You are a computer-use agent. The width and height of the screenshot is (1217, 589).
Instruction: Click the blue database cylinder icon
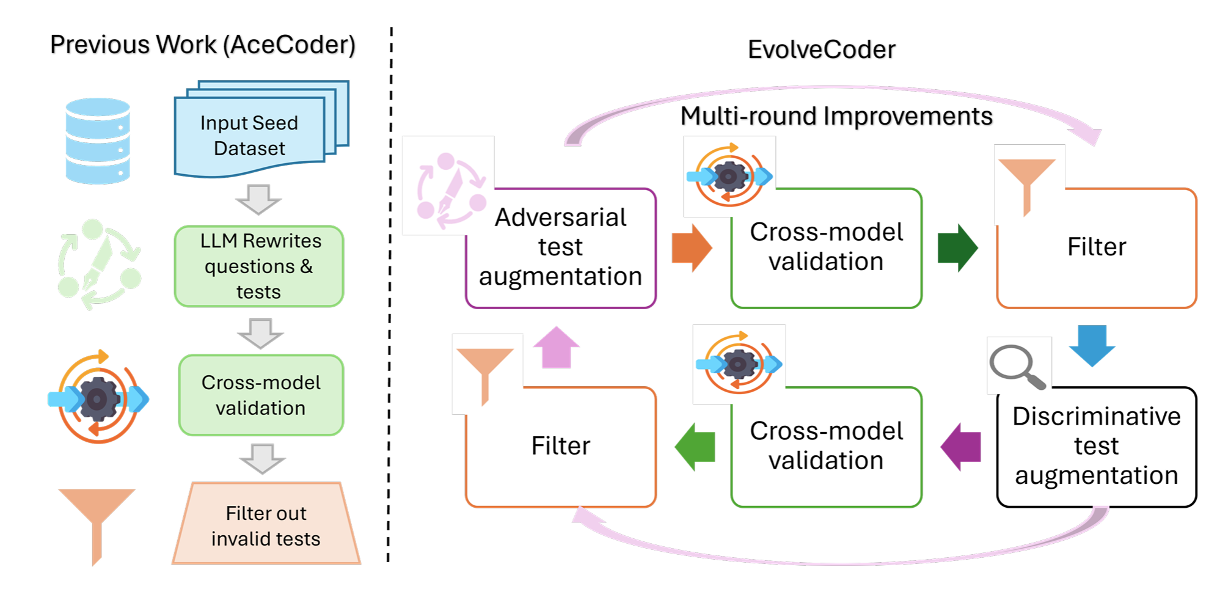pyautogui.click(x=98, y=141)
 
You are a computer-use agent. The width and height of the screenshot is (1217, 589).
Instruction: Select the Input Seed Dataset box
pyautogui.click(x=250, y=136)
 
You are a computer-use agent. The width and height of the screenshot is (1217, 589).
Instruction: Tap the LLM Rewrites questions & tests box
pyautogui.click(x=259, y=266)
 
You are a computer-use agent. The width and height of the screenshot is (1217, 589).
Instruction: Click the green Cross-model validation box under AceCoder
pyautogui.click(x=261, y=395)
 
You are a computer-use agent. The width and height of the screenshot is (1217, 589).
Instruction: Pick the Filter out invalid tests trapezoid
pyautogui.click(x=266, y=525)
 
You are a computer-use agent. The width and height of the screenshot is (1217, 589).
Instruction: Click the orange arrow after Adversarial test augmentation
pyautogui.click(x=692, y=247)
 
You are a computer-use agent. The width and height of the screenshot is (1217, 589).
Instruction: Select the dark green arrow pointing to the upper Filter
pyautogui.click(x=957, y=247)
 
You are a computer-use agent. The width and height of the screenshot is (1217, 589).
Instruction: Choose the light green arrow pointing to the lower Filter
pyautogui.click(x=695, y=447)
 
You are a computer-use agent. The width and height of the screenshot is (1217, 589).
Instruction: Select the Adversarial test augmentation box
pyautogui.click(x=560, y=247)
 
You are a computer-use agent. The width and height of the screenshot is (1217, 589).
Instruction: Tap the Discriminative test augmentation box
pyautogui.click(x=1096, y=446)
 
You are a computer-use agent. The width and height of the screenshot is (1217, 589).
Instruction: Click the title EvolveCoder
pyautogui.click(x=821, y=49)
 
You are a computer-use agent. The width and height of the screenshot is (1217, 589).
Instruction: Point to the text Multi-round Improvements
pyautogui.click(x=836, y=116)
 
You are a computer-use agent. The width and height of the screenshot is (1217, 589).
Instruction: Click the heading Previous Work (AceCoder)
pyautogui.click(x=203, y=45)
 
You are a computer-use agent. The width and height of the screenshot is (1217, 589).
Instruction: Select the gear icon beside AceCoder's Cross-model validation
pyautogui.click(x=98, y=398)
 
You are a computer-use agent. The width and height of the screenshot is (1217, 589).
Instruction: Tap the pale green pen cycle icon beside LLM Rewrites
pyautogui.click(x=99, y=264)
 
